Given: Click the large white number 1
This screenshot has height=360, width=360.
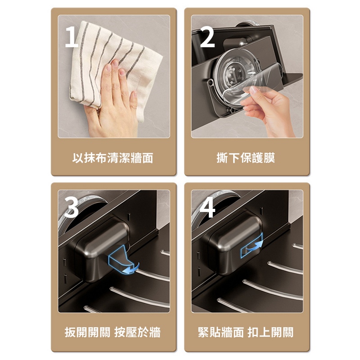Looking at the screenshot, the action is [x=72, y=37].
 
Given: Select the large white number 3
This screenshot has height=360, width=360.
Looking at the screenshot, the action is [x=72, y=207].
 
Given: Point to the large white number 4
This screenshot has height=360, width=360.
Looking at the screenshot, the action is [x=207, y=207].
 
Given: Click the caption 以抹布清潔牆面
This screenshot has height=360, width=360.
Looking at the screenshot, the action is [x=113, y=158].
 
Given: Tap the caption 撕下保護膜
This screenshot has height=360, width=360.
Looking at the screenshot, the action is [x=246, y=158].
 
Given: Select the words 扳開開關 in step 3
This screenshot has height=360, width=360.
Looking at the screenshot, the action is [x=87, y=332].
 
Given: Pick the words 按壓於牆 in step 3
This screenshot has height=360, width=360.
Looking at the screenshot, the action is [x=137, y=332].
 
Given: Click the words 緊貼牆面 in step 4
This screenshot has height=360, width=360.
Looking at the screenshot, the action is [x=220, y=332].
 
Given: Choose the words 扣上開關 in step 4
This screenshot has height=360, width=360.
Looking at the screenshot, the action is [x=270, y=332].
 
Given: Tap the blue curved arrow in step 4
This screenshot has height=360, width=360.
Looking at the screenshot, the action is [x=255, y=245].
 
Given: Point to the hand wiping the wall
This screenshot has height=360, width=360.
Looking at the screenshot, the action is [x=114, y=101].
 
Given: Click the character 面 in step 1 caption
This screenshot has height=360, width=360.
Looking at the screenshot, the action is [x=148, y=158].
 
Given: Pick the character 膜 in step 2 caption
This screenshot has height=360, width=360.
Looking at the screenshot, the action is [x=269, y=158].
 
